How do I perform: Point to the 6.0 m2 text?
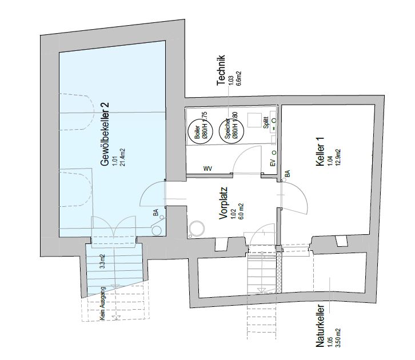point(241,210)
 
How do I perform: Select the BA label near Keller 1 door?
point(288,173)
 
